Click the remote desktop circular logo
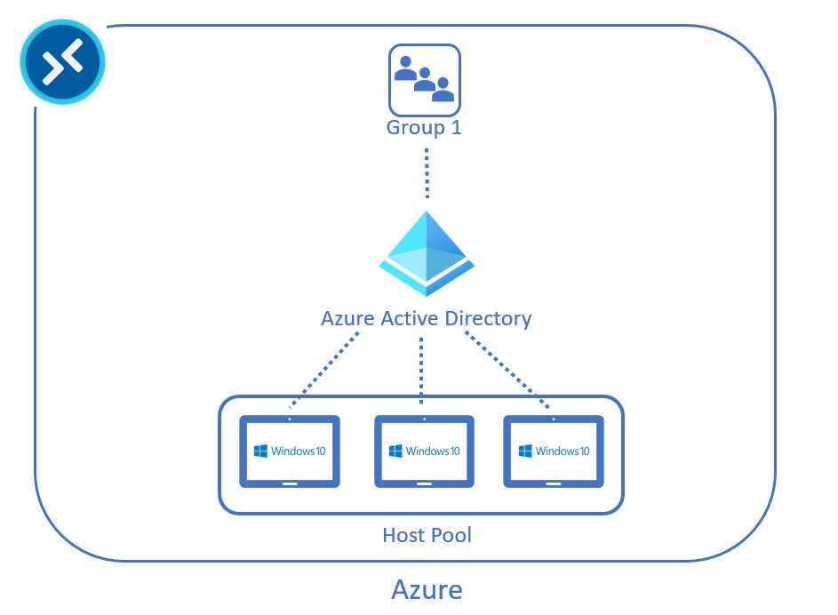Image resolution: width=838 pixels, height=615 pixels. click(62, 63)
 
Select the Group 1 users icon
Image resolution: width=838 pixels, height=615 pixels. click(425, 79)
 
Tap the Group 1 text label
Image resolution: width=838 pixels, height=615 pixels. click(424, 127)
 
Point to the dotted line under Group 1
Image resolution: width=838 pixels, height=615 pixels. click(426, 172)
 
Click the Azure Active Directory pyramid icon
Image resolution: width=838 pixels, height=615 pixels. click(424, 253)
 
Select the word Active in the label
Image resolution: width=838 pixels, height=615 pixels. click(415, 317)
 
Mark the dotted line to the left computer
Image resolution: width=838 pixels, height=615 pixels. click(326, 372)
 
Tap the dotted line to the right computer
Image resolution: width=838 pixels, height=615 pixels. click(509, 372)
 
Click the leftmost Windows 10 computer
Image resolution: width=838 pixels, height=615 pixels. click(290, 451)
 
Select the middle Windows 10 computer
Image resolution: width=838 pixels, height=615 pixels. click(423, 451)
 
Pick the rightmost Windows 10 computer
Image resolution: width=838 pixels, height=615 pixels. click(554, 451)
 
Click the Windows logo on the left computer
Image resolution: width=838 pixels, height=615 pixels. click(260, 451)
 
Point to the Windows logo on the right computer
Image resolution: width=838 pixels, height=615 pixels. click(525, 451)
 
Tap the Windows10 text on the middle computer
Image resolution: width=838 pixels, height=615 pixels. click(434, 451)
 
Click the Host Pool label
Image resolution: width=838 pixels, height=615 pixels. click(427, 535)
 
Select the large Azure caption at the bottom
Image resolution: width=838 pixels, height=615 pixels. click(427, 589)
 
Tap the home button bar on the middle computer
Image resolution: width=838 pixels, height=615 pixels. click(423, 483)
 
